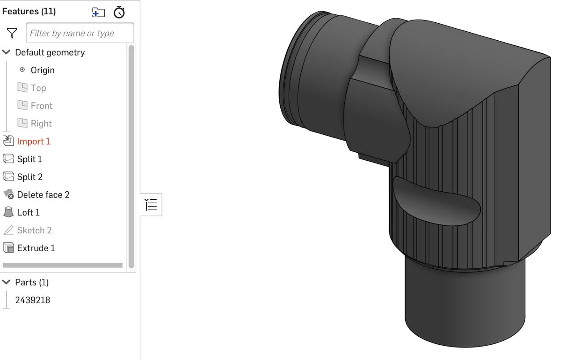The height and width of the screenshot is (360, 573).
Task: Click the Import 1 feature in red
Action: [34, 141]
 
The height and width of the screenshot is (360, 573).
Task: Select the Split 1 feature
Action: [30, 159]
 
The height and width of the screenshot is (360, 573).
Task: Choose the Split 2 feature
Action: [30, 177]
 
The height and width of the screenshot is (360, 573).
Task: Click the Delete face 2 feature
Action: [43, 195]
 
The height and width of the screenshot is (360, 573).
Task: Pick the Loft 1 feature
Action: [28, 212]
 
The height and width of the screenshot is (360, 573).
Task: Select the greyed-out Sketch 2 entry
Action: [34, 230]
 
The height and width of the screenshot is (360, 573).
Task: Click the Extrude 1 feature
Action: [36, 248]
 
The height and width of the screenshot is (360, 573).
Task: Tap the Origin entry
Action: [43, 70]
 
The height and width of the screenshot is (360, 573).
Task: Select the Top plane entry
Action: [38, 88]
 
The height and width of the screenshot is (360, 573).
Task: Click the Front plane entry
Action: [41, 106]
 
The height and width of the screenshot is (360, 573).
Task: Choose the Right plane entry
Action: [41, 124]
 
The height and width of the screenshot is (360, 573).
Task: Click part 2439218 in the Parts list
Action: [33, 300]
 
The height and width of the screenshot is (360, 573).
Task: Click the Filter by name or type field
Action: [80, 33]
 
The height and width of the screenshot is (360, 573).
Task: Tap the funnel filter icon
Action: [12, 33]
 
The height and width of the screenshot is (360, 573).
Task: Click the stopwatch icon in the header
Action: [119, 12]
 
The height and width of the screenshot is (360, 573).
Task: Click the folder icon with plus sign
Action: [98, 12]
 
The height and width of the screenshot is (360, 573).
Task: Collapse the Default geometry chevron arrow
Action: [6, 52]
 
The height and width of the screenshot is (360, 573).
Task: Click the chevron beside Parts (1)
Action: [6, 282]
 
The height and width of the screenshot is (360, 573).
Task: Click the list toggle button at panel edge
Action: [151, 205]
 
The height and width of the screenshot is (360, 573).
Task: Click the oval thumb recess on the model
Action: [436, 201]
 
